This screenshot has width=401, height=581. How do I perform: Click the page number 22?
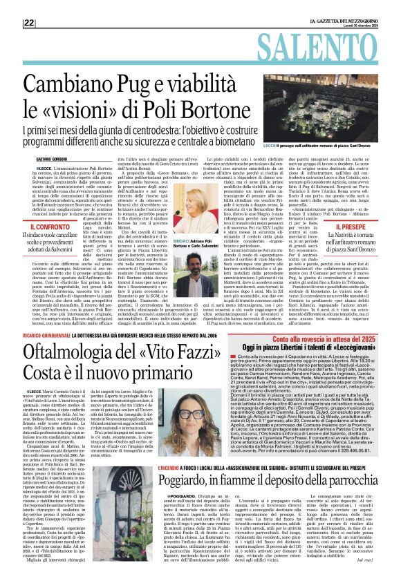click(28, 23)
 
